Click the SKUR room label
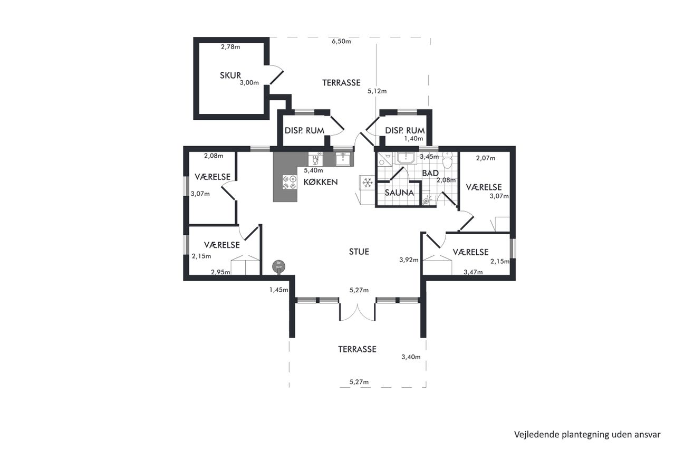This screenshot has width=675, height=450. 230,75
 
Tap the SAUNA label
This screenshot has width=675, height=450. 399,193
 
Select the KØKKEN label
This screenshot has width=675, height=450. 321,182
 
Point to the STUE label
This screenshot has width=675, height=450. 359,252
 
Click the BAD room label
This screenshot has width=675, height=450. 430,174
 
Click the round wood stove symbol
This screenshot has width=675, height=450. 278,266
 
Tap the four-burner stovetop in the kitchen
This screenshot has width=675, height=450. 290,183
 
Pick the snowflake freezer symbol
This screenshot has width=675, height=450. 368,183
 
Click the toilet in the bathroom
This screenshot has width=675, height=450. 448,160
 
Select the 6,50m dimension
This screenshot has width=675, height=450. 341,41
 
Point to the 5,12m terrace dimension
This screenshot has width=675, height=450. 377,91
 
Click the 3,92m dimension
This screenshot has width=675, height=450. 409,260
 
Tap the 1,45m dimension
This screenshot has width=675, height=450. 279,290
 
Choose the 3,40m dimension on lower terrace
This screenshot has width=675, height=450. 411,357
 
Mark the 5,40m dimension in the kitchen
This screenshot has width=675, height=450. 313,170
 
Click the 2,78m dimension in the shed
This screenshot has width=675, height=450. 230,47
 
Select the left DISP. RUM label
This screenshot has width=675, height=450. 304,130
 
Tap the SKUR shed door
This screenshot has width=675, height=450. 276,75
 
